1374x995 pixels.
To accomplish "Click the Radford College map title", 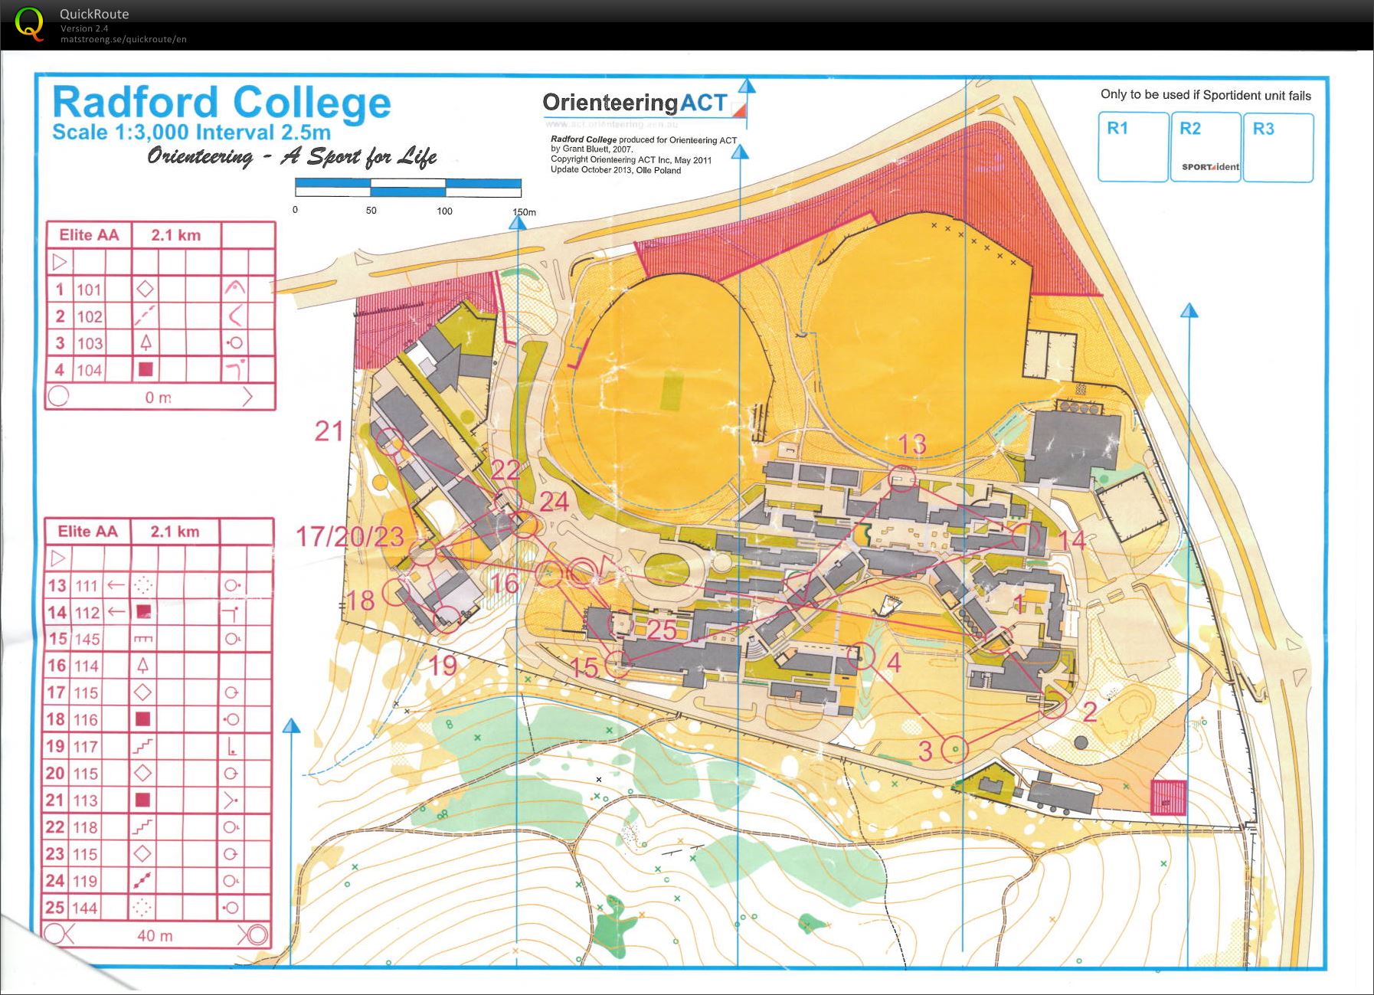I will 221,103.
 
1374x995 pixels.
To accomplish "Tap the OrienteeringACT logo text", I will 634,103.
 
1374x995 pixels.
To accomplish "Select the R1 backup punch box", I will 1133,147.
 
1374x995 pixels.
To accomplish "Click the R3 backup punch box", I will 1277,147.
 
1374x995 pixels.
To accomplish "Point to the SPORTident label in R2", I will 1209,167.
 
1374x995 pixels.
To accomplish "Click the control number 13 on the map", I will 911,444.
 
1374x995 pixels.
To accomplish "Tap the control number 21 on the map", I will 329,431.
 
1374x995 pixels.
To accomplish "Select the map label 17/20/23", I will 350,536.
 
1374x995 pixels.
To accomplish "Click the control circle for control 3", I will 954,748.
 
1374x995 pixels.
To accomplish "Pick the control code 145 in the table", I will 87,639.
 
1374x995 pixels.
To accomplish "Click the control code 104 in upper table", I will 89,370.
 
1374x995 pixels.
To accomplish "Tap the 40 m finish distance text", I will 155,935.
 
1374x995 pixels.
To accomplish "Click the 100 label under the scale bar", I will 444,211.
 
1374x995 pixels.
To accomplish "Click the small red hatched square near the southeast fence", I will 1168,797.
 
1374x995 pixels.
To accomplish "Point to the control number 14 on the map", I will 1072,540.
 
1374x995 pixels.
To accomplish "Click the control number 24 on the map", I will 554,502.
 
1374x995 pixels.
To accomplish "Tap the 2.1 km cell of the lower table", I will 175,532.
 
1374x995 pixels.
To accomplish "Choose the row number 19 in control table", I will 55,746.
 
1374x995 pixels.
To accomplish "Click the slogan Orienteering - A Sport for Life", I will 292,157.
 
